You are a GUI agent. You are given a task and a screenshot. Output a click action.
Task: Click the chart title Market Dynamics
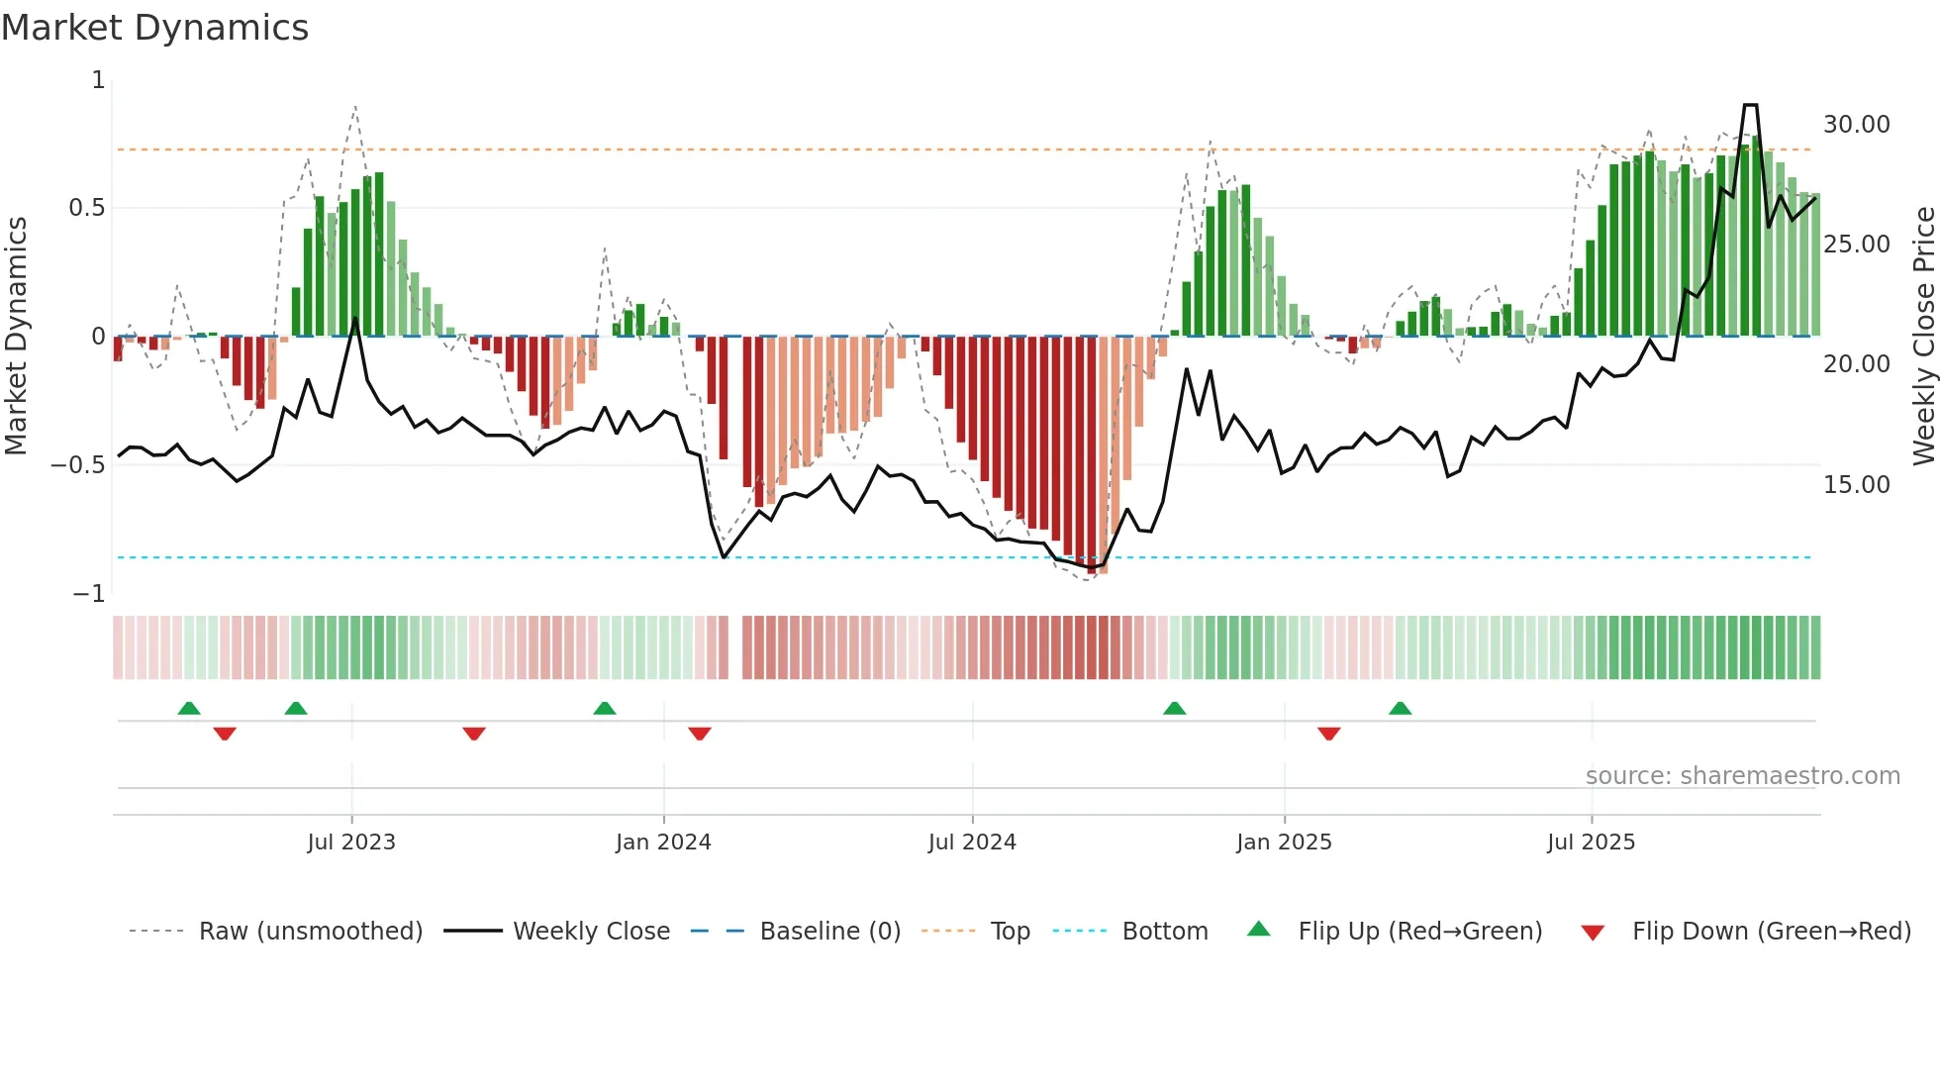(x=155, y=28)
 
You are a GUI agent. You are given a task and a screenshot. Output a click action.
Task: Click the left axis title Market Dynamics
(x=16, y=336)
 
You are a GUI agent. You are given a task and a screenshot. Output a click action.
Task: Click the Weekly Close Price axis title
(x=1923, y=336)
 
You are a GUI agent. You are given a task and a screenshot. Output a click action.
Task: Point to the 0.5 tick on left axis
(x=86, y=208)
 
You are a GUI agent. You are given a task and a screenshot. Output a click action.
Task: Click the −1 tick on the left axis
(x=89, y=594)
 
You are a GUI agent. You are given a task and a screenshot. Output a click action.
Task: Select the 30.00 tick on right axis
(x=1856, y=125)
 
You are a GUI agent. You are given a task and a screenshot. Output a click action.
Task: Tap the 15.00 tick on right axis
(x=1856, y=485)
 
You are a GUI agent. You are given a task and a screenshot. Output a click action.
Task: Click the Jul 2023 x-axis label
(x=351, y=843)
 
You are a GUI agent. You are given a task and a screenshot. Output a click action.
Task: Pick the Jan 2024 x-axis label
(x=663, y=843)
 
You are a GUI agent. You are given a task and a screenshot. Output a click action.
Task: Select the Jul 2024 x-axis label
(x=972, y=843)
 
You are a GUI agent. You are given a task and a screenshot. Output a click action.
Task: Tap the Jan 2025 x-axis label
(x=1284, y=843)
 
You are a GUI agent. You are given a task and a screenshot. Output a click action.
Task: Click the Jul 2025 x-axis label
(x=1592, y=843)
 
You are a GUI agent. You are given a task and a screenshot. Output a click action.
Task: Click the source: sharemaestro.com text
(x=1742, y=776)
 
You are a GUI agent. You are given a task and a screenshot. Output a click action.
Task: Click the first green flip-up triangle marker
(x=189, y=708)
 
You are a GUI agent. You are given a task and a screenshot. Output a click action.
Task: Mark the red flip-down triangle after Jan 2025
(x=1329, y=734)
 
